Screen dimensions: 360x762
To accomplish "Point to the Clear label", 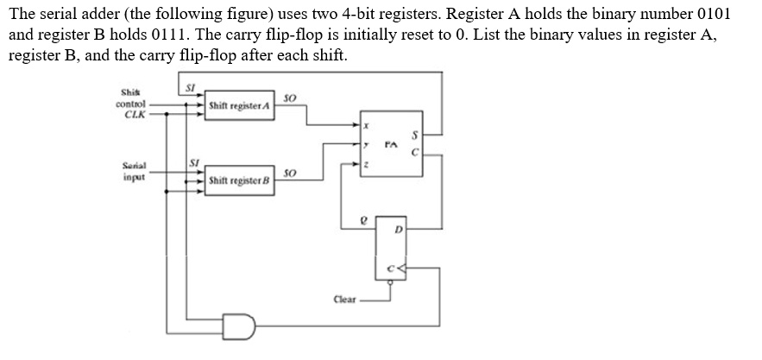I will pos(344,300).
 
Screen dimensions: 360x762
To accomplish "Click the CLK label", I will pos(134,113).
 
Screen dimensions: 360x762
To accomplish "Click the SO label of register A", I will pos(290,98).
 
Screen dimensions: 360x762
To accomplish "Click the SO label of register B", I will pos(290,174).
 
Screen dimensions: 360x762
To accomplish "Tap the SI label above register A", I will pos(192,85).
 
